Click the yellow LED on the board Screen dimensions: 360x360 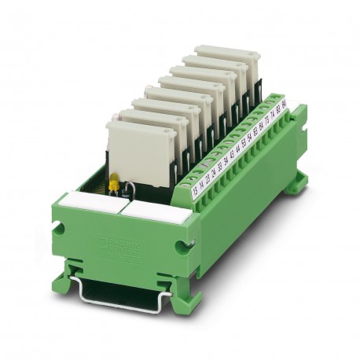[x=113, y=186]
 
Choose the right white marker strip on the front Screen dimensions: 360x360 [x=149, y=210]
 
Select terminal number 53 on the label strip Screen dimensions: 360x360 [x=243, y=144]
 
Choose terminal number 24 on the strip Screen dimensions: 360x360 [x=212, y=171]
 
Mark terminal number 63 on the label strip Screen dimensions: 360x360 [x=256, y=131]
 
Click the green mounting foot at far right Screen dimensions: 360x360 [x=294, y=184]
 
